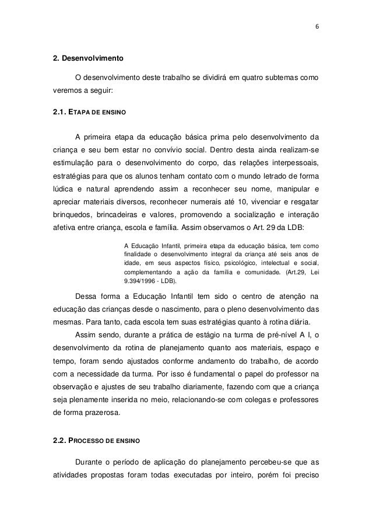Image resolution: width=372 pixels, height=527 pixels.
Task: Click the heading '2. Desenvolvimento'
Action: click(x=87, y=59)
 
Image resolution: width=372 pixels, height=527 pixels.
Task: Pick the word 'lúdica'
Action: click(x=63, y=189)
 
